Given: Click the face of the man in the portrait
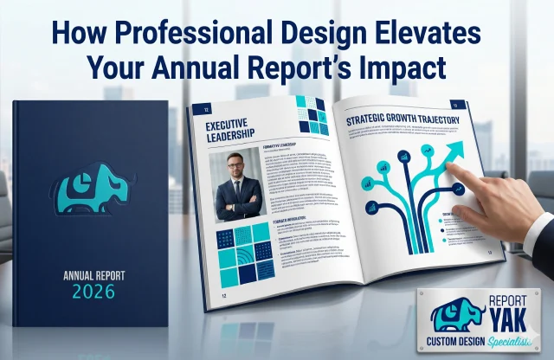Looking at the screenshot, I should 238,169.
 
